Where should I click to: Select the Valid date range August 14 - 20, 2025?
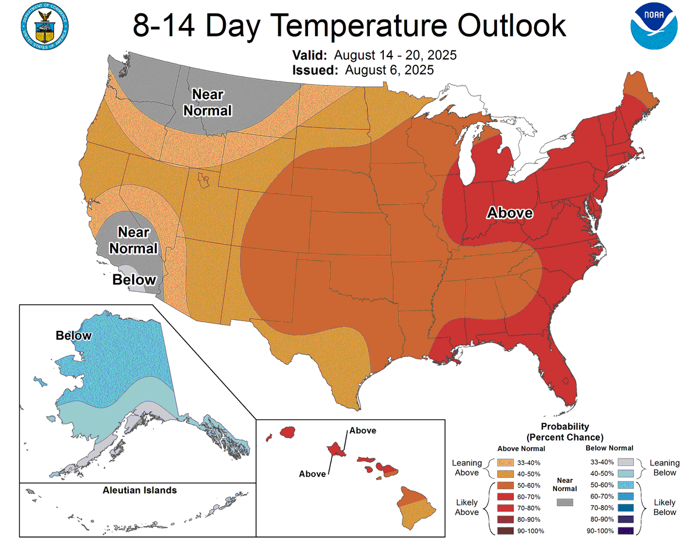(x=394, y=55)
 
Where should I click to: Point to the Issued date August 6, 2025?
(x=389, y=70)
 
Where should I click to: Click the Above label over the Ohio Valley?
(x=510, y=213)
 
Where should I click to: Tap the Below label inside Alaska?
(x=73, y=336)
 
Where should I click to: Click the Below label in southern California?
(x=135, y=280)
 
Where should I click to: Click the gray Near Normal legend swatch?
(x=564, y=502)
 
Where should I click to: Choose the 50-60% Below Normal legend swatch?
(x=624, y=485)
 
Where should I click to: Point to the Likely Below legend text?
(x=665, y=507)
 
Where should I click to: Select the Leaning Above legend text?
(x=467, y=468)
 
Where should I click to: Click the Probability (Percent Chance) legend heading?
(x=564, y=432)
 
